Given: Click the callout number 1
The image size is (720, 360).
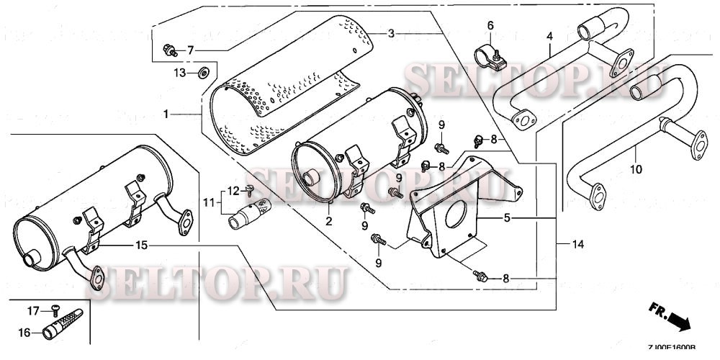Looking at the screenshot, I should tap(166, 114).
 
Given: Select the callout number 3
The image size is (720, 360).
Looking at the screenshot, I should tap(392, 33).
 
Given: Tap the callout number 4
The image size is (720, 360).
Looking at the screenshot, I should tap(549, 35).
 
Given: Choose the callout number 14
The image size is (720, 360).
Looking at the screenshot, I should tap(576, 244).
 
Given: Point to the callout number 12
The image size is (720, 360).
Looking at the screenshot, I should tap(233, 190).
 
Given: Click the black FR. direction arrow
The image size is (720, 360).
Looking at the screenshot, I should tap(679, 319).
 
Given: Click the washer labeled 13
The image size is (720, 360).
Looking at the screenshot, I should tap(204, 72).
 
